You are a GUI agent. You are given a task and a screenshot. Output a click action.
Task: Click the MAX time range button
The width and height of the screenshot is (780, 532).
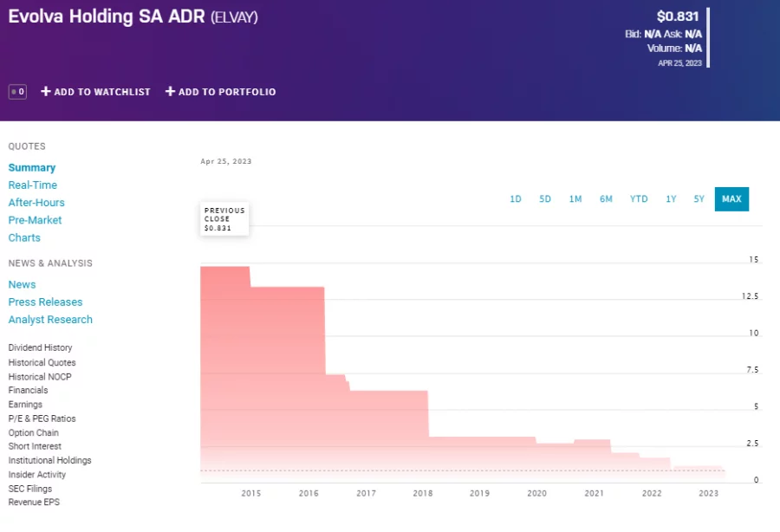click(731, 199)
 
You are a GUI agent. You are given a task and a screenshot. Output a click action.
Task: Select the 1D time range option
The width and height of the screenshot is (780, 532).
click(516, 199)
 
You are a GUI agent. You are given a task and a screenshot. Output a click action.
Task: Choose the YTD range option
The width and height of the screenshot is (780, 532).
click(639, 199)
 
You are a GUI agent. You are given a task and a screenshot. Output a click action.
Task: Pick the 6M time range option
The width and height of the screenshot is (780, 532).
click(606, 199)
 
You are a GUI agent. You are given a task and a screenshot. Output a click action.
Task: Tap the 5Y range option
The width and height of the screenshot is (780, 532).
click(699, 199)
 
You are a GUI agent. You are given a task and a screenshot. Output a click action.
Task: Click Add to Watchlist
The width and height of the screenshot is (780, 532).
click(95, 92)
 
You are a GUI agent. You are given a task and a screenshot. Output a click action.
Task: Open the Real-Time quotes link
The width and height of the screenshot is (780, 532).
click(33, 185)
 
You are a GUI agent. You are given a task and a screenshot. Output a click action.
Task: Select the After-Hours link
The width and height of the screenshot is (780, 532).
click(36, 203)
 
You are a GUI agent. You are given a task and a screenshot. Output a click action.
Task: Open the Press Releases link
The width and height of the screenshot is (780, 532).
click(45, 302)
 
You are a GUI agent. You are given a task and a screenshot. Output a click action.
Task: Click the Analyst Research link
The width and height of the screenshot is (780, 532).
click(50, 320)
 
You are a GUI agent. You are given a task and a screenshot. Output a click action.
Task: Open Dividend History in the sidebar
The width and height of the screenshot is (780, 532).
click(40, 348)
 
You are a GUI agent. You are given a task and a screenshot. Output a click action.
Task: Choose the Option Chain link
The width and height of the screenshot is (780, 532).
click(34, 432)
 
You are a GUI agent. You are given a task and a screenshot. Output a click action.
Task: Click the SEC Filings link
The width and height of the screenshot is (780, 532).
click(30, 489)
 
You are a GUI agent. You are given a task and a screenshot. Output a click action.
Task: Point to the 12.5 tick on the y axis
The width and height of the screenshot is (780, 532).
click(751, 296)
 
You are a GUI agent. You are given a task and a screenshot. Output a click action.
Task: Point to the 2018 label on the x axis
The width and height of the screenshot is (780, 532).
click(423, 493)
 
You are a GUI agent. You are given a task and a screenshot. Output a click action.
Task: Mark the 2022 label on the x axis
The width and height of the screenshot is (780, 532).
click(652, 493)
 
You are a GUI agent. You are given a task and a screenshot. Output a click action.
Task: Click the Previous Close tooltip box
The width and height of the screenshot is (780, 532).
click(224, 219)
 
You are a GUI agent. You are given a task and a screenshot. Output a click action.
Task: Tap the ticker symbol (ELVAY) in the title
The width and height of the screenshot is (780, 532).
click(234, 17)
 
